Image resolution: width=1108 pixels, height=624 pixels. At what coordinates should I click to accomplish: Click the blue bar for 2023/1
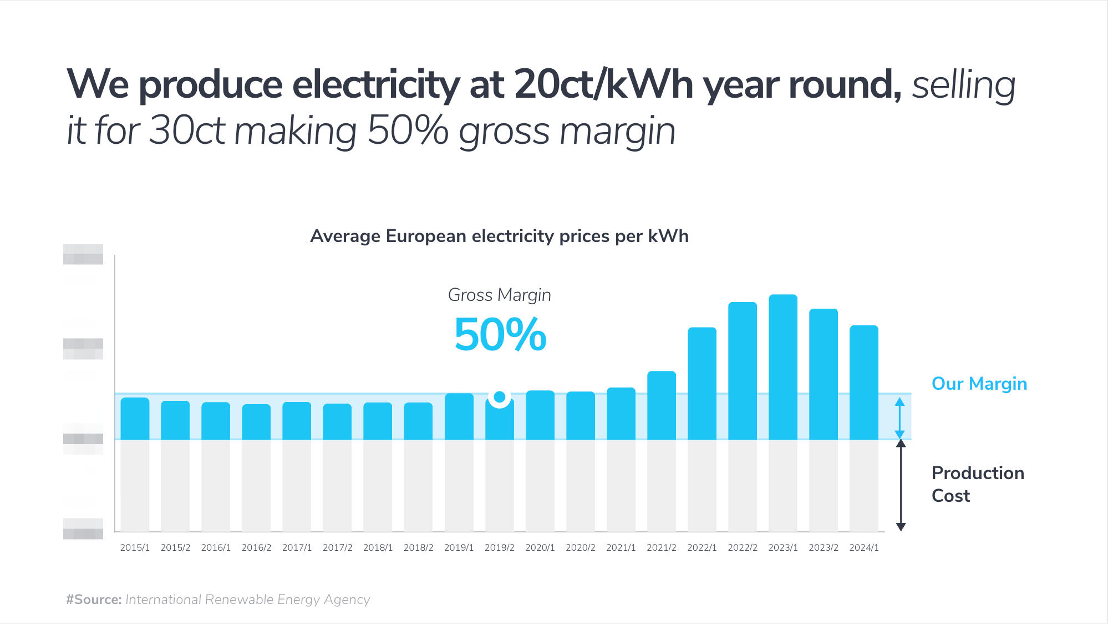(782, 366)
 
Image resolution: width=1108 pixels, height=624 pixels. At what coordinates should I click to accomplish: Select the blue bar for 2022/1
(702, 383)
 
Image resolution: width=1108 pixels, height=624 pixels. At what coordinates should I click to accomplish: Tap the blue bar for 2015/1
(135, 419)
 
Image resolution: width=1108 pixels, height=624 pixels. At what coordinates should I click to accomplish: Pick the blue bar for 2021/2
(661, 405)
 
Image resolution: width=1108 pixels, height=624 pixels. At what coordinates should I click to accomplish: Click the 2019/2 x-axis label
(499, 547)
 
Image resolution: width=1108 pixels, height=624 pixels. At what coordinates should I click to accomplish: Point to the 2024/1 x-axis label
(863, 547)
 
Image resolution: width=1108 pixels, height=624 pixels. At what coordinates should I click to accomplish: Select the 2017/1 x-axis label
(297, 547)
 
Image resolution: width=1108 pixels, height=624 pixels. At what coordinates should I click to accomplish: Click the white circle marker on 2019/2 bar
(500, 397)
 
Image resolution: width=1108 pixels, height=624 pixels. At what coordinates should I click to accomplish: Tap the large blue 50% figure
(500, 335)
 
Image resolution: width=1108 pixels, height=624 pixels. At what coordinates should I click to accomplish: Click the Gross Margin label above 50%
(499, 295)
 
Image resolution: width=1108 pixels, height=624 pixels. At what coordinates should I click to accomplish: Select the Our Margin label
(979, 384)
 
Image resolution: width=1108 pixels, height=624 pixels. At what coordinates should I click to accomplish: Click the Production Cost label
(977, 484)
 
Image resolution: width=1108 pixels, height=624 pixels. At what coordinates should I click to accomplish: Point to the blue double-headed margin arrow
(899, 417)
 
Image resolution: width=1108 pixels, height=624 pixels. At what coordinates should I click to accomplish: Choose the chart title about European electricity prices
(499, 236)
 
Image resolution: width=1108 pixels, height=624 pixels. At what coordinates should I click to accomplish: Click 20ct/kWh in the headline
(603, 84)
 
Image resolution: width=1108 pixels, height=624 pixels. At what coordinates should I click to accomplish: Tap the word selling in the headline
(963, 85)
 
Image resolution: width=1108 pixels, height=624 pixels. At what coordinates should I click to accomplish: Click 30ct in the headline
(187, 131)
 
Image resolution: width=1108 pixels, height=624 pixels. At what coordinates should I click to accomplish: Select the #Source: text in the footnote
(94, 600)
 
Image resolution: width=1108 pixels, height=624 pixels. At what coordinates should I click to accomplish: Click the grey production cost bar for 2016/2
(256, 485)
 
